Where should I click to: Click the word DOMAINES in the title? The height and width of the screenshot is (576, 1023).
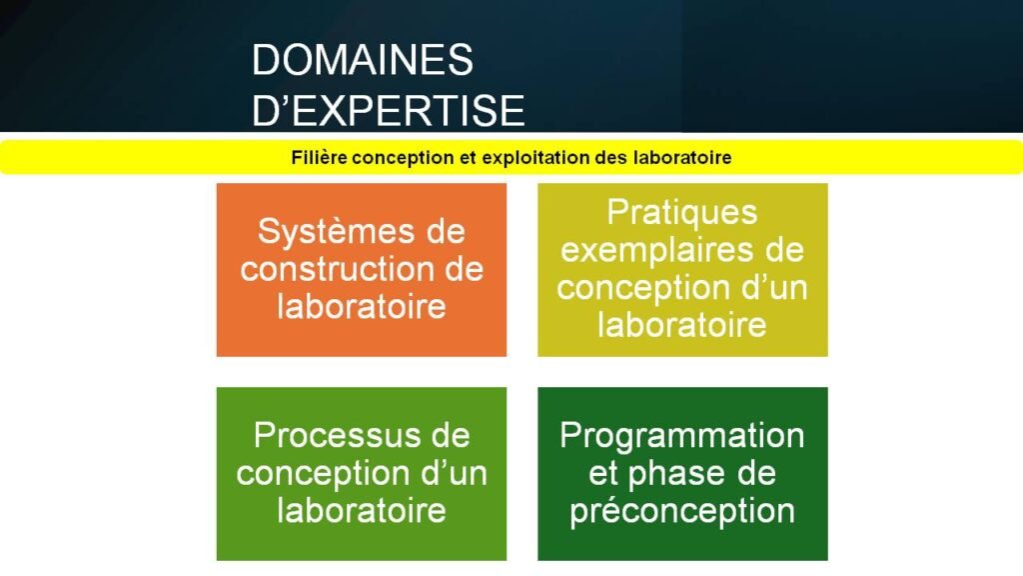[x=362, y=60]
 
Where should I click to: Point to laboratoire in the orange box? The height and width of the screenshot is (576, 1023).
[x=362, y=306]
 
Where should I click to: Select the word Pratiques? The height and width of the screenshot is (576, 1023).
[x=682, y=213]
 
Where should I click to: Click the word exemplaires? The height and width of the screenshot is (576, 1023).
[x=652, y=250]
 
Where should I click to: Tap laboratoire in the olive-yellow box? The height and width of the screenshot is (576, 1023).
[x=682, y=324]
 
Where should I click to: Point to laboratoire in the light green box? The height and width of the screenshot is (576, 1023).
[x=362, y=510]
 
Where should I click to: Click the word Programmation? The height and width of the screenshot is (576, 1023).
[x=682, y=436]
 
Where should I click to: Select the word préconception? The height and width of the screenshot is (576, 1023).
[x=682, y=510]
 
